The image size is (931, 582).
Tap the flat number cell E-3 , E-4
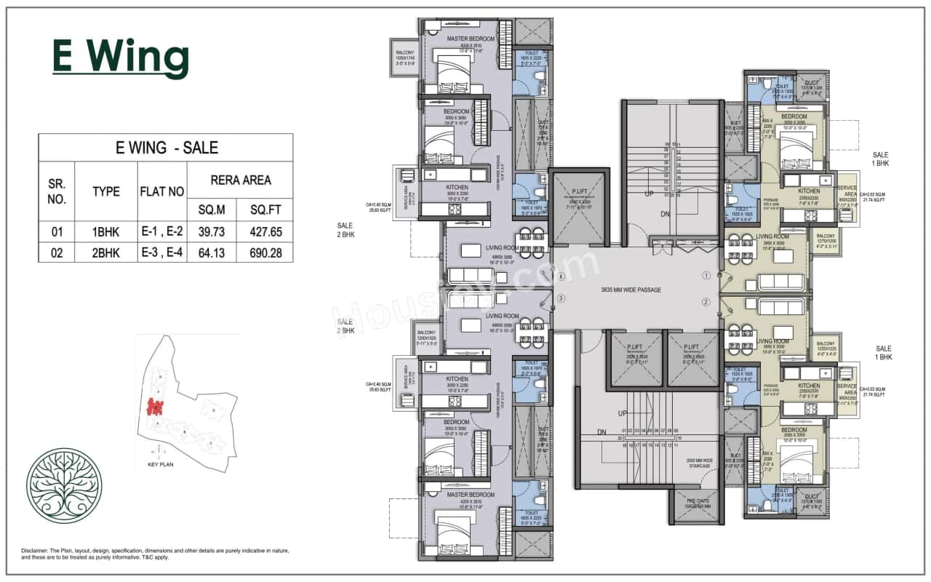click(x=162, y=252)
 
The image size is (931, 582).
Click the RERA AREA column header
click(x=240, y=180)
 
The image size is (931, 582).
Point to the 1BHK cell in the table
click(x=105, y=233)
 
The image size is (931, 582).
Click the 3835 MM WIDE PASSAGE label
click(x=631, y=290)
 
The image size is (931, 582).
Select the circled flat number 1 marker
click(x=706, y=276)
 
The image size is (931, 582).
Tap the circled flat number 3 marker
click(x=561, y=298)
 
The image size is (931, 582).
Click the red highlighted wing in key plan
click(x=154, y=406)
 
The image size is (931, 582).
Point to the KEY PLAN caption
click(x=162, y=463)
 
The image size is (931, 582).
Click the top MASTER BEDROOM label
click(x=471, y=39)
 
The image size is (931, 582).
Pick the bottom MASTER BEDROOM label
click(x=471, y=495)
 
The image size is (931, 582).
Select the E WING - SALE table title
click(x=167, y=148)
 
